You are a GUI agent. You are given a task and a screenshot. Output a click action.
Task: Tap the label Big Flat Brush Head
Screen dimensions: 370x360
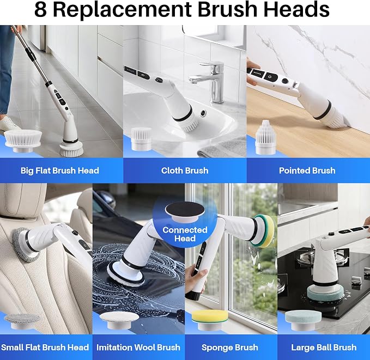pyautogui.click(x=60, y=170)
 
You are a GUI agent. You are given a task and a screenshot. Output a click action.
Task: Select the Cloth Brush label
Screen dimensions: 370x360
pyautogui.click(x=185, y=170)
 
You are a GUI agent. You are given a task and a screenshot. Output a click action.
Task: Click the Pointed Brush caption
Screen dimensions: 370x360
pyautogui.click(x=307, y=170)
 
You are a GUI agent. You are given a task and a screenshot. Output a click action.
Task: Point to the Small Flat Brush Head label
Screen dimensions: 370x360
pyautogui.click(x=45, y=347)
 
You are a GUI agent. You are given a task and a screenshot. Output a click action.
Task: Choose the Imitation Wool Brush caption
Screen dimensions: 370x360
pyautogui.click(x=138, y=347)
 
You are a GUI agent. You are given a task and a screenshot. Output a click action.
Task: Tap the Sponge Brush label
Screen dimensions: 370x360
pyautogui.click(x=230, y=347)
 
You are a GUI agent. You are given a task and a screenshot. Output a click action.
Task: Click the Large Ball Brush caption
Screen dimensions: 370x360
pyautogui.click(x=324, y=347)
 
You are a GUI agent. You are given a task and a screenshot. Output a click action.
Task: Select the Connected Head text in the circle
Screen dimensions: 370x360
pyautogui.click(x=185, y=234)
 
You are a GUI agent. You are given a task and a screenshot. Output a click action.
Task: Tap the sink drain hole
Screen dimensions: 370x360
pyautogui.click(x=203, y=113)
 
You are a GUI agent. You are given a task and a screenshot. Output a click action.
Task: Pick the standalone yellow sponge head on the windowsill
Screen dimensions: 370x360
pyautogui.click(x=210, y=320)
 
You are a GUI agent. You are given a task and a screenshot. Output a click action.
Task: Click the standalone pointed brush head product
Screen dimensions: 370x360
pyautogui.click(x=265, y=137)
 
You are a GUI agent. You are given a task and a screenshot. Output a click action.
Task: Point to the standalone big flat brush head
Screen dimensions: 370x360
pyautogui.click(x=23, y=141)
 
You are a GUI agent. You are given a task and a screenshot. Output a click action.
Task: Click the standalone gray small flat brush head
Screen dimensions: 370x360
pyautogui.click(x=22, y=321)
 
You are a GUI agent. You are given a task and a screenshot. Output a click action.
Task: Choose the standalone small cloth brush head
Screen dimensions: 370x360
pyautogui.click(x=141, y=139)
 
